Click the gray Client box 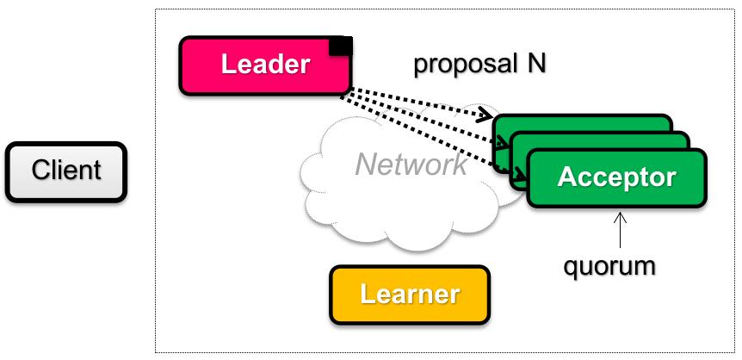click(x=66, y=172)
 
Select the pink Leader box click(x=264, y=65)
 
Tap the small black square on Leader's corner click(x=342, y=46)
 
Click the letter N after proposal click(x=536, y=64)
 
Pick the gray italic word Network click(x=411, y=164)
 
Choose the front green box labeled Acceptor click(x=616, y=178)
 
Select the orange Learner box click(x=409, y=295)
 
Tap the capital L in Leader click(x=228, y=65)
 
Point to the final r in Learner click(x=454, y=295)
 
